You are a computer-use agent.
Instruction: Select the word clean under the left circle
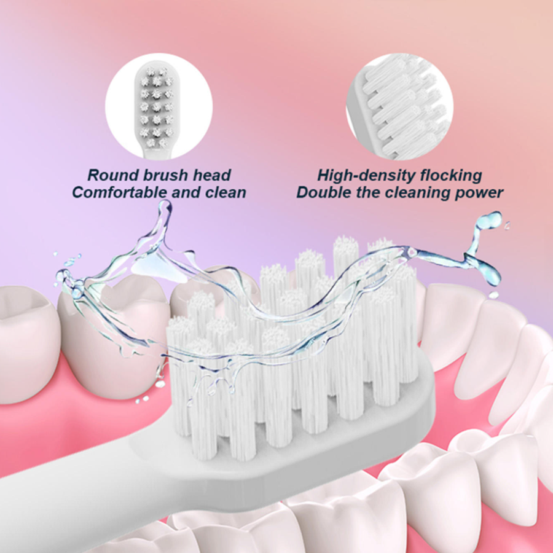click(224, 192)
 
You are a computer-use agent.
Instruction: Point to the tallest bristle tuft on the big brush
click(346, 252)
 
